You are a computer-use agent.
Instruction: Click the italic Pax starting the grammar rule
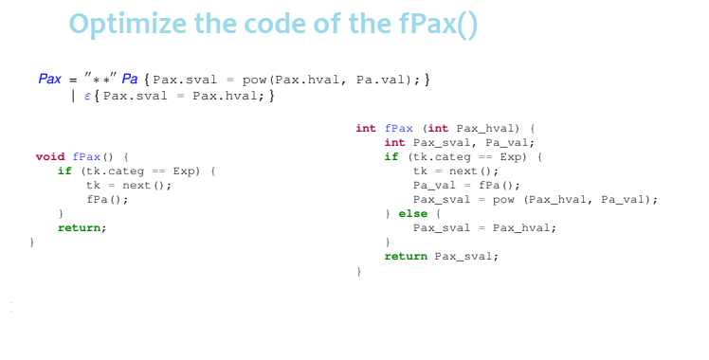click(50, 79)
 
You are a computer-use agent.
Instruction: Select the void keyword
click(49, 156)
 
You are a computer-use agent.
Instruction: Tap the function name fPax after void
click(86, 156)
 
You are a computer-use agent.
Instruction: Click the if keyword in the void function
click(64, 171)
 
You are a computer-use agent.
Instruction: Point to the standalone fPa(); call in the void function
click(106, 199)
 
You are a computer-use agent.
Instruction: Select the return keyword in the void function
click(81, 228)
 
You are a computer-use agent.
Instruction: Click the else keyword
click(412, 213)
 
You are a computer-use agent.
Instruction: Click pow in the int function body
click(507, 199)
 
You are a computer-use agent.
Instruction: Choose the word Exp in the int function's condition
click(512, 156)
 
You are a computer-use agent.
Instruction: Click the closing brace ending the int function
click(358, 271)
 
